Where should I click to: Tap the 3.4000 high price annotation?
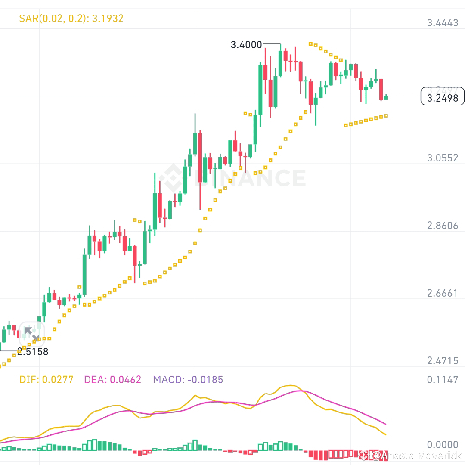click(246, 44)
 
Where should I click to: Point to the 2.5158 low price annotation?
click(33, 352)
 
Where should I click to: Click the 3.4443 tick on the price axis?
click(443, 23)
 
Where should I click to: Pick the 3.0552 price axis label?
click(443, 158)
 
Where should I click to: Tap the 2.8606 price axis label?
click(443, 226)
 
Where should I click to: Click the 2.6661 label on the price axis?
click(443, 294)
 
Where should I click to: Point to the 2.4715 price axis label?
click(443, 361)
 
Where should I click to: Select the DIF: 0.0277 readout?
click(46, 380)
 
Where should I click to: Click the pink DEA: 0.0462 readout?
click(113, 380)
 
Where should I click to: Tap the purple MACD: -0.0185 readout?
click(188, 380)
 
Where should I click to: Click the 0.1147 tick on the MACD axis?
click(443, 380)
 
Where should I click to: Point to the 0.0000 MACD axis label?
click(443, 445)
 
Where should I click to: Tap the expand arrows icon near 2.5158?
click(31, 334)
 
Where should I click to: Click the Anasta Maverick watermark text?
click(416, 455)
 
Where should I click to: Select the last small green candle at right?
click(386, 97)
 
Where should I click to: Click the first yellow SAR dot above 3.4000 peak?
click(310, 43)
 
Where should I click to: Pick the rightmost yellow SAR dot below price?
click(386, 115)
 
